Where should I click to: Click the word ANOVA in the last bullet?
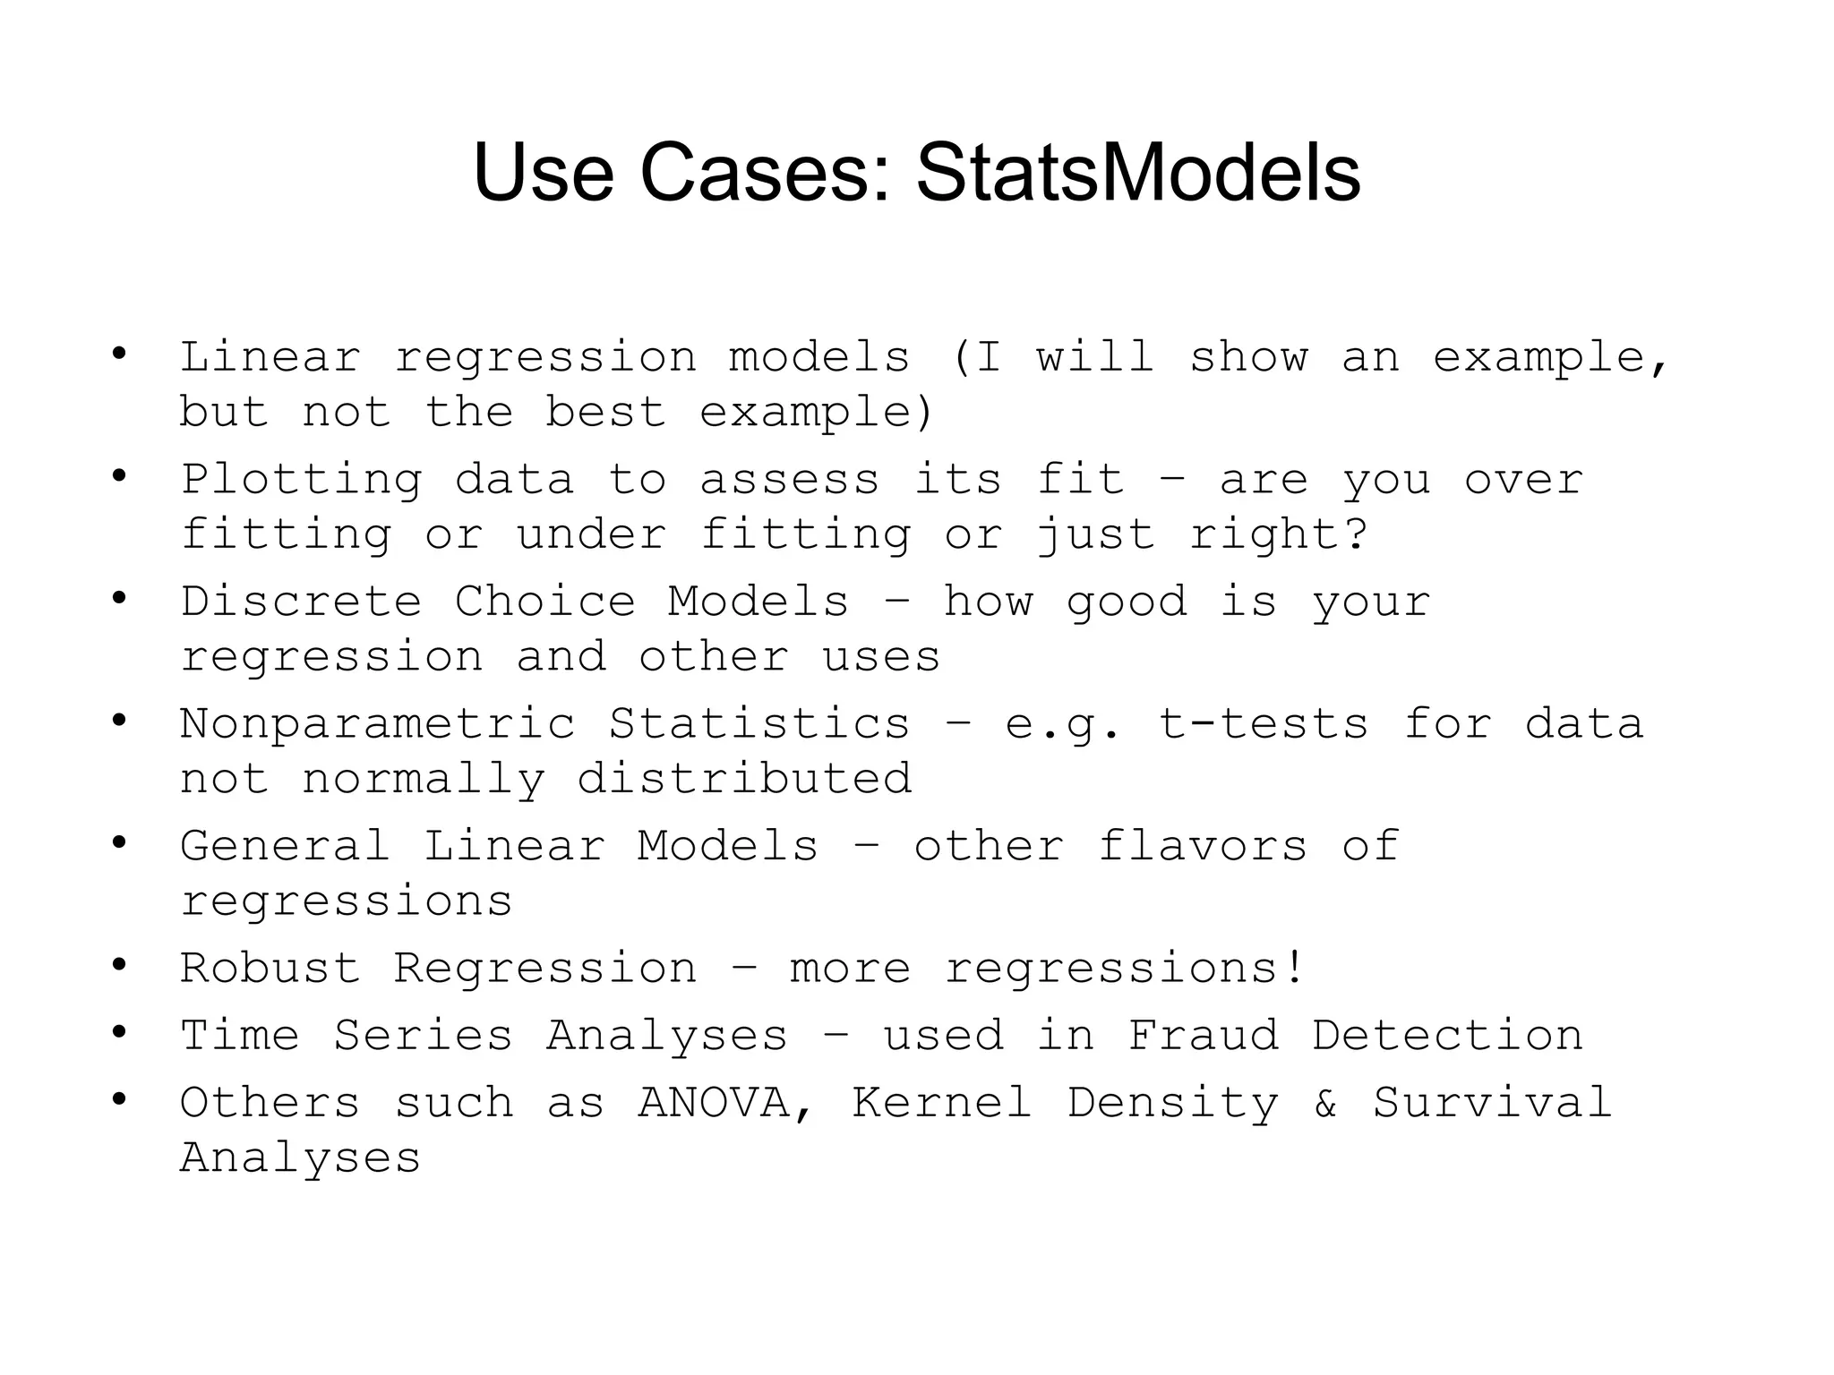pyautogui.click(x=714, y=1102)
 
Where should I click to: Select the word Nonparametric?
pyautogui.click(x=377, y=723)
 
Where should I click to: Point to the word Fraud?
pyautogui.click(x=1203, y=1036)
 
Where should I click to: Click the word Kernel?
pyautogui.click(x=941, y=1102)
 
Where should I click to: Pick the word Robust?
pyautogui.click(x=270, y=968)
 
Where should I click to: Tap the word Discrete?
pyautogui.click(x=301, y=601)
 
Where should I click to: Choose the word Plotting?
pyautogui.click(x=301, y=481)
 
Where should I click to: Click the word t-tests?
pyautogui.click(x=1264, y=723)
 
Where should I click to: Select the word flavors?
pyautogui.click(x=1203, y=846)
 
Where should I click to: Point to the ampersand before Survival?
pyautogui.click(x=1325, y=1103)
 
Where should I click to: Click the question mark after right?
pyautogui.click(x=1356, y=534)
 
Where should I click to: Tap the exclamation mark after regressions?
pyautogui.click(x=1295, y=968)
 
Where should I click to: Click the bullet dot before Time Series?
pyautogui.click(x=119, y=1032)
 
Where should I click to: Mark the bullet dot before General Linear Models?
pyautogui.click(x=119, y=842)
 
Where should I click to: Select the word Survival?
pyautogui.click(x=1493, y=1102)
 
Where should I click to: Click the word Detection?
pyautogui.click(x=1447, y=1036)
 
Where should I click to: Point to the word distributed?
pyautogui.click(x=744, y=778)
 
